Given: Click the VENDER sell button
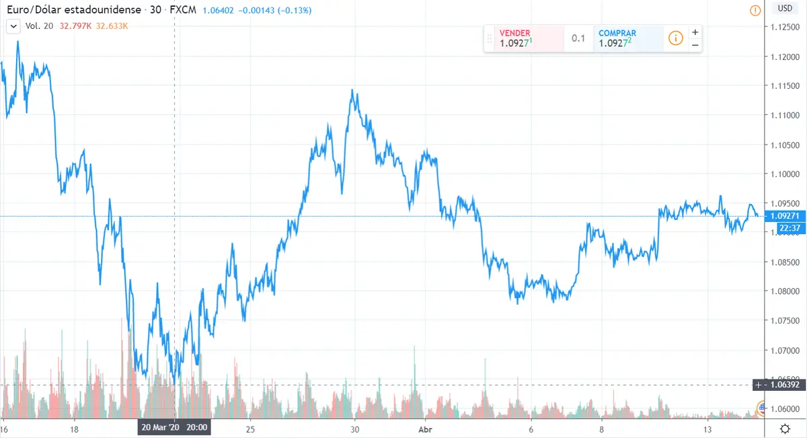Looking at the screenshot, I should (523, 38).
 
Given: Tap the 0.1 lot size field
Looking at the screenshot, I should (578, 38).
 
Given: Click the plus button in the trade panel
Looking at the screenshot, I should (695, 32).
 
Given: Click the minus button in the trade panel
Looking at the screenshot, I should (695, 45).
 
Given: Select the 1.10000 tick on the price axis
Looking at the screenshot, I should (785, 174).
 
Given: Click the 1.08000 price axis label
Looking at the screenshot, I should (785, 291).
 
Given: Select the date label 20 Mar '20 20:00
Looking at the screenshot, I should (174, 427).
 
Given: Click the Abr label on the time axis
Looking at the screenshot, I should (425, 429).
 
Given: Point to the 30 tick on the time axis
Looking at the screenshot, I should (356, 429).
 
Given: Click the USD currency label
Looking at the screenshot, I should (784, 9).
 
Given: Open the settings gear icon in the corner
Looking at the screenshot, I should (784, 429).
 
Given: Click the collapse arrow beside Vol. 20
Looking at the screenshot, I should (13, 26).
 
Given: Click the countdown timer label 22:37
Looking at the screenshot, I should (788, 229).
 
